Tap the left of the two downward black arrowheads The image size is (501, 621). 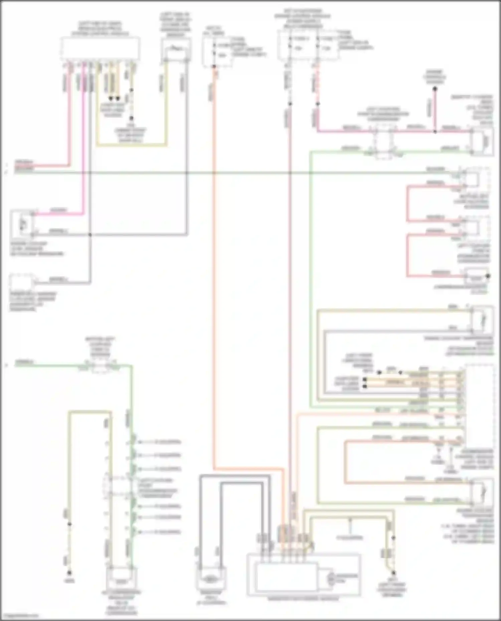[x=111, y=99]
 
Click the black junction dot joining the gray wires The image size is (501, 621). [x=90, y=235]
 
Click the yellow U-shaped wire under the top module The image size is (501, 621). [x=132, y=145]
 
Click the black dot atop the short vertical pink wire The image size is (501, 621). [x=435, y=89]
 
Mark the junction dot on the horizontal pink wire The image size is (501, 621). [x=435, y=131]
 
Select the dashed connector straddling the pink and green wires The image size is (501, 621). [x=383, y=142]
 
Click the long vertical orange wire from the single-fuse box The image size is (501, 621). [x=214, y=267]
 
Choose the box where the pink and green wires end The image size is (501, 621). [x=482, y=141]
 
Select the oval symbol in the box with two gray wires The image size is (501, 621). [x=209, y=579]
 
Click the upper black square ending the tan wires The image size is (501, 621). [x=365, y=379]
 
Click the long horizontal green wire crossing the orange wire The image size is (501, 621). [x=234, y=173]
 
